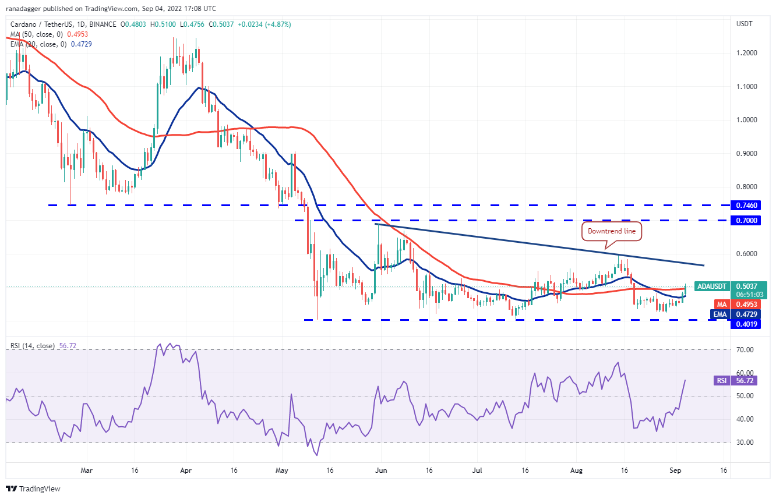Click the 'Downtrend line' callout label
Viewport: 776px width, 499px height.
(x=612, y=231)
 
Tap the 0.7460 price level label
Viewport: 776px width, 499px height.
(x=747, y=206)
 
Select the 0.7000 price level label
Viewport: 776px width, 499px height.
(x=747, y=221)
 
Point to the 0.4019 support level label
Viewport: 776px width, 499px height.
(x=747, y=324)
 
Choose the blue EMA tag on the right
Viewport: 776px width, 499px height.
(x=721, y=314)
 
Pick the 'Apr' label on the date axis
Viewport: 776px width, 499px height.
(x=186, y=469)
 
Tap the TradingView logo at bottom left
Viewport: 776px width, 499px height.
(x=33, y=489)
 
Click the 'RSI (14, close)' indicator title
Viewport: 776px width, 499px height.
(x=33, y=346)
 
